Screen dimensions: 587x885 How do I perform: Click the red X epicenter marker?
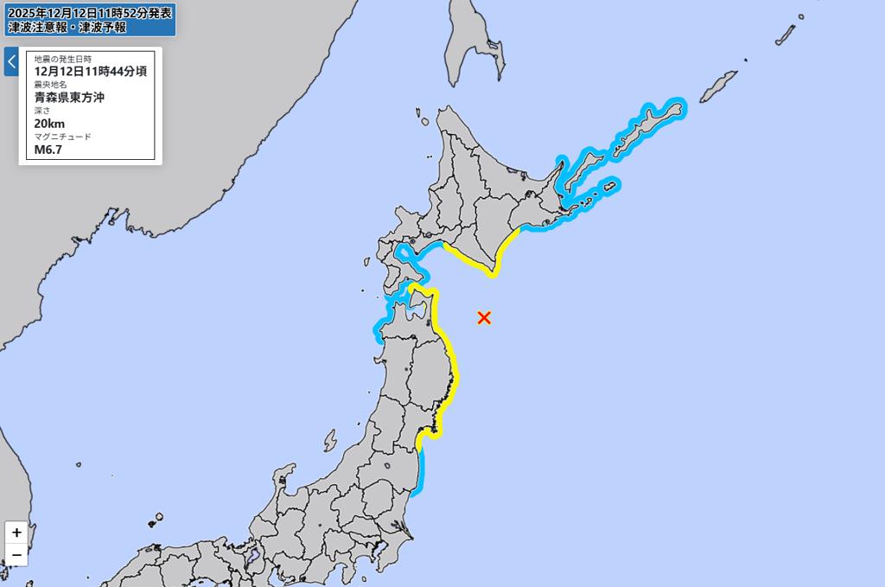coord(484,317)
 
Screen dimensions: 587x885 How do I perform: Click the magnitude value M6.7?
coord(48,150)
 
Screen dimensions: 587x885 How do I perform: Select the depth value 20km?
coord(50,124)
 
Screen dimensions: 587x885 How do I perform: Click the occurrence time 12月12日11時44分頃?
coord(90,72)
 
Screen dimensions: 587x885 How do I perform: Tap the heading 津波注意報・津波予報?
coord(67,27)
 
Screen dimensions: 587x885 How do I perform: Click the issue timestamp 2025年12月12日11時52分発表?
coord(89,12)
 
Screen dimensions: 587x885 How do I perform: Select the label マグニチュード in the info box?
coord(62,137)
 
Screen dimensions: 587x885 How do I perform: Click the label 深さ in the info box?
coord(42,111)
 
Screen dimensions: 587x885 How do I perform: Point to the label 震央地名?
coord(51,85)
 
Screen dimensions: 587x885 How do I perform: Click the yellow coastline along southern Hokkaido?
coord(471,260)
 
